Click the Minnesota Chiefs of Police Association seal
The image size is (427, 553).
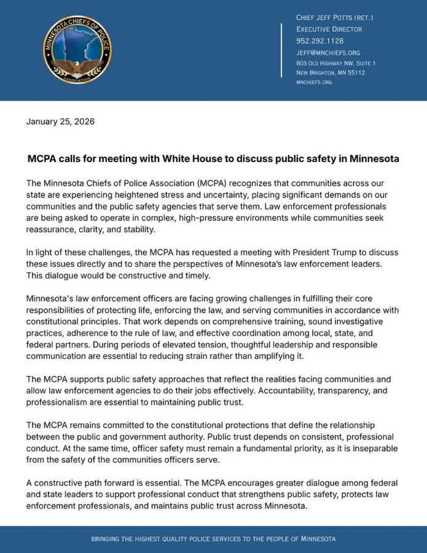77,50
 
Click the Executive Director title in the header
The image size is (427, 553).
329,29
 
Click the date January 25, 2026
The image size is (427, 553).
60,121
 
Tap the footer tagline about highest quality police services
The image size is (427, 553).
213,539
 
